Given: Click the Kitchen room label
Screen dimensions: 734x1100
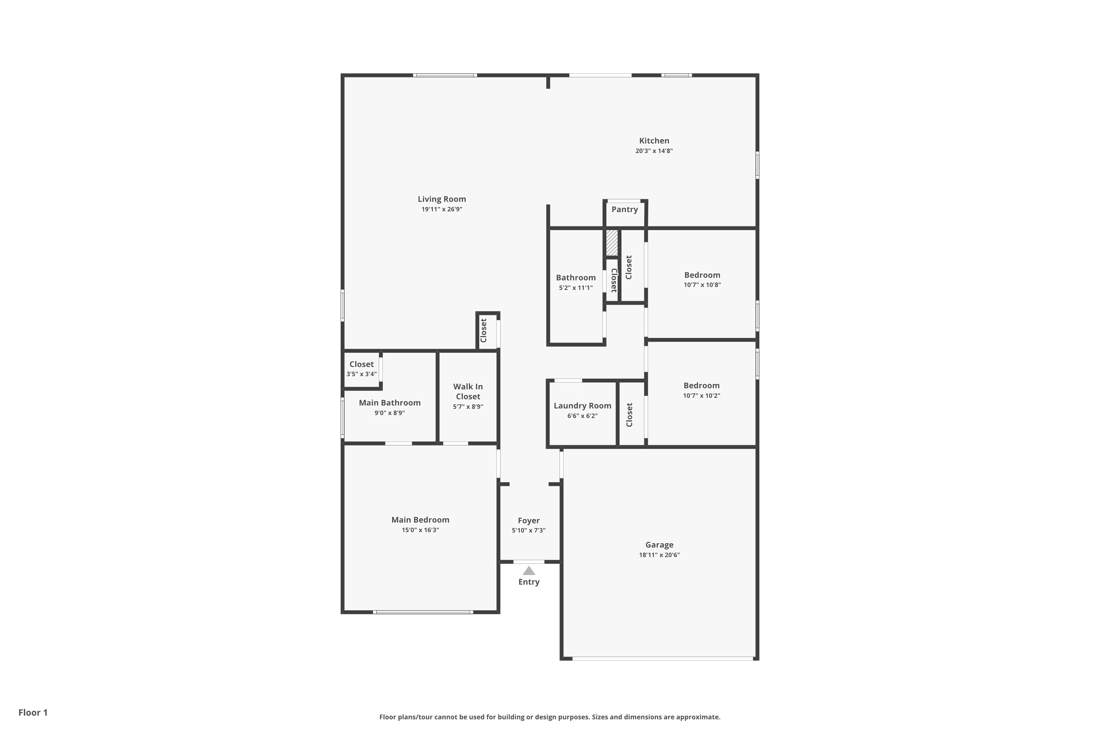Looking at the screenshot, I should (x=654, y=141).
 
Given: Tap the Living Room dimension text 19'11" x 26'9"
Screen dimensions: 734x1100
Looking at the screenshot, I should (x=441, y=209).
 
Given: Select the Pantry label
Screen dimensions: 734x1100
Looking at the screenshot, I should (x=624, y=209).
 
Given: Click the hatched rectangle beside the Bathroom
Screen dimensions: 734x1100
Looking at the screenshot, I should (x=612, y=243).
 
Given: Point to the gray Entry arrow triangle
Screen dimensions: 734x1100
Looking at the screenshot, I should (x=528, y=571).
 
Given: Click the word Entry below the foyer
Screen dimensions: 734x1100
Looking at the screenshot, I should (x=528, y=582).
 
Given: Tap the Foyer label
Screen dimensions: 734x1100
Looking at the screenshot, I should (x=528, y=520).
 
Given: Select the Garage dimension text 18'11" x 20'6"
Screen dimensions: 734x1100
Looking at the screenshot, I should (x=659, y=555).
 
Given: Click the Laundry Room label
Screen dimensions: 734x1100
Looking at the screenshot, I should (x=582, y=406).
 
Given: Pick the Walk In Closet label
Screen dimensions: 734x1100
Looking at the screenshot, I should (x=468, y=391).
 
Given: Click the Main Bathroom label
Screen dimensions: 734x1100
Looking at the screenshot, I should (x=389, y=403).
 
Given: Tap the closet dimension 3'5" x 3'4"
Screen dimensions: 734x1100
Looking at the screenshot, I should (x=361, y=374).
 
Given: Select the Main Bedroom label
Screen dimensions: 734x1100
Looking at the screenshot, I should (x=420, y=520).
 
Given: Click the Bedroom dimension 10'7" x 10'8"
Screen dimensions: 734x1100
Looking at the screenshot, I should (x=702, y=285).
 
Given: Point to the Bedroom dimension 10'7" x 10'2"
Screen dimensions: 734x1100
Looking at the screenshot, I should (x=701, y=396).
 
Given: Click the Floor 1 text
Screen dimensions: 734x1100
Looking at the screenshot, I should (x=33, y=712).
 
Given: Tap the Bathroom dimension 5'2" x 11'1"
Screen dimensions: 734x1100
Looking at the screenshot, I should (x=576, y=288).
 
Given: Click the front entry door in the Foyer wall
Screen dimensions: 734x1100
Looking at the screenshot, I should (x=528, y=561).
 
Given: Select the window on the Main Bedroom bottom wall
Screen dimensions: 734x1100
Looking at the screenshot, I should (x=423, y=612).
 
